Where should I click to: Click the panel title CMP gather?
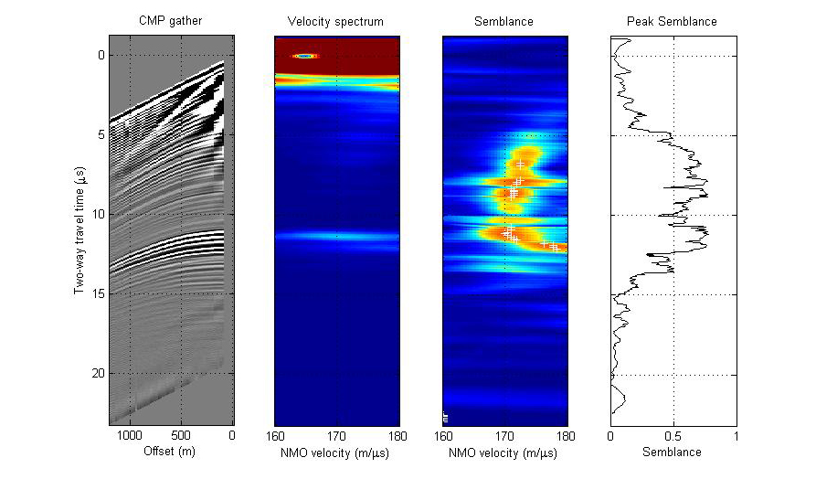(x=171, y=21)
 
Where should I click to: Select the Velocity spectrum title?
(x=335, y=21)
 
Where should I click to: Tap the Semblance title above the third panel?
(x=504, y=21)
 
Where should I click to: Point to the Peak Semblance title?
(x=672, y=21)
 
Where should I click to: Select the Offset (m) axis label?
(x=171, y=452)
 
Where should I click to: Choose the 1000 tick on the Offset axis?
(x=130, y=436)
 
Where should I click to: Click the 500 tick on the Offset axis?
(x=181, y=436)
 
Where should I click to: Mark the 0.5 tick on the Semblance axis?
(x=673, y=436)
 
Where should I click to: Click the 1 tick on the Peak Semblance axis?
(x=736, y=436)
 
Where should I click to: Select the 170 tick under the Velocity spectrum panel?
(x=337, y=436)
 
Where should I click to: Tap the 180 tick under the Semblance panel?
(x=567, y=436)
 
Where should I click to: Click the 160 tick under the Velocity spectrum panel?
(x=276, y=436)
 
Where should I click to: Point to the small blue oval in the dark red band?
(x=305, y=56)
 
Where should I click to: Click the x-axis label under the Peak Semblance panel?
(x=672, y=452)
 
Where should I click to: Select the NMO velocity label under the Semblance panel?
(x=504, y=452)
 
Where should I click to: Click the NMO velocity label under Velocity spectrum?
(x=337, y=452)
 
